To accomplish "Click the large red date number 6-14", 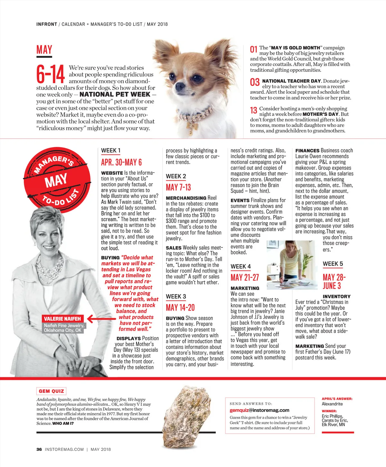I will (51, 74).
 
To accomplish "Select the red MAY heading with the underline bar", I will (44, 50).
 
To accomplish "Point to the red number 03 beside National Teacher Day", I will (255, 82).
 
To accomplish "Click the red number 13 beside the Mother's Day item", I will (253, 110).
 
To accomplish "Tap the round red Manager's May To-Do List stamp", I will (57, 180).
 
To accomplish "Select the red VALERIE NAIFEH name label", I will (62, 319).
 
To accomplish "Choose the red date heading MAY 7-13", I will (178, 187).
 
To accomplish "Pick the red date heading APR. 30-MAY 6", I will (121, 162).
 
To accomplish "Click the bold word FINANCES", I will (307, 151).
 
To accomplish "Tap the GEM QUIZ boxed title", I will (51, 391).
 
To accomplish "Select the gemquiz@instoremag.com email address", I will (259, 410).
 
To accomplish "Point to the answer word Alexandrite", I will (332, 404).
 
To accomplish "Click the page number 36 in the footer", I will (39, 449).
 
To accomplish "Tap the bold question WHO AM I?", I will (63, 424).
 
